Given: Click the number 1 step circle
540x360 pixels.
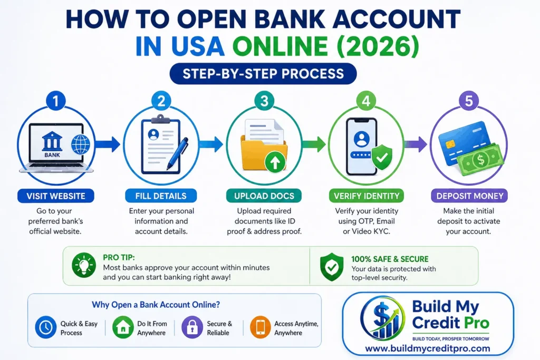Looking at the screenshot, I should pyautogui.click(x=55, y=100).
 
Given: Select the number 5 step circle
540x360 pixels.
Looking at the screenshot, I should pyautogui.click(x=468, y=101).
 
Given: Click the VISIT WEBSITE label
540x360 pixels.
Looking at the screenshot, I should pyautogui.click(x=55, y=196).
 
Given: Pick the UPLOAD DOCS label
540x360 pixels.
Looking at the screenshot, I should pyautogui.click(x=264, y=196).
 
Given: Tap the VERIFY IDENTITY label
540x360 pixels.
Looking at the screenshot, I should pyautogui.click(x=367, y=196).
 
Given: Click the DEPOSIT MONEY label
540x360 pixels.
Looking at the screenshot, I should pyautogui.click(x=470, y=196).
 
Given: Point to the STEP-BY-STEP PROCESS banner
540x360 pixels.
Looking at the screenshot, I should pyautogui.click(x=263, y=73).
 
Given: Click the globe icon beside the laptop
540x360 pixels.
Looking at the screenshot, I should pyautogui.click(x=81, y=143).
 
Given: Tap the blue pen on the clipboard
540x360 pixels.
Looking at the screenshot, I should pyautogui.click(x=177, y=153).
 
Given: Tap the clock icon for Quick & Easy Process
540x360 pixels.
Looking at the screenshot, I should pyautogui.click(x=45, y=327).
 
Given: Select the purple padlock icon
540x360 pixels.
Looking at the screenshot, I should pyautogui.click(x=191, y=327).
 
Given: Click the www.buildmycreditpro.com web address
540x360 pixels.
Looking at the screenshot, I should pyautogui.click(x=428, y=348).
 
